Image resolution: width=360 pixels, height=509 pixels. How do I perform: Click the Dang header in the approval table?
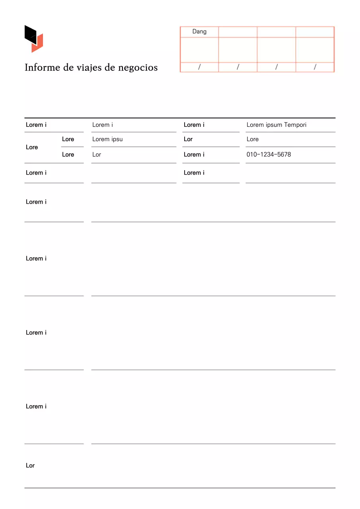pyautogui.click(x=199, y=31)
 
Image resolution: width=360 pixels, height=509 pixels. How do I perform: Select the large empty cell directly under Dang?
pyautogui.click(x=199, y=50)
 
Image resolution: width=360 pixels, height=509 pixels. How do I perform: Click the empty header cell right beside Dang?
pyautogui.click(x=238, y=32)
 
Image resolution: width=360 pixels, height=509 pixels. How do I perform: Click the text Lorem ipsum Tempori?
pyautogui.click(x=276, y=125)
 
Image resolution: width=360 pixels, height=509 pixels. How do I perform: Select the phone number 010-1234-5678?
pyautogui.click(x=269, y=155)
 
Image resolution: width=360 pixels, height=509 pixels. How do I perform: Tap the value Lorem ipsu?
pyautogui.click(x=107, y=139)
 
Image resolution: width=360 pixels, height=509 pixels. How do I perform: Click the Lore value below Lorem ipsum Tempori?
pyautogui.click(x=253, y=139)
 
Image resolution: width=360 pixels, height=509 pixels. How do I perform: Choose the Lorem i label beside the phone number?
pyautogui.click(x=194, y=155)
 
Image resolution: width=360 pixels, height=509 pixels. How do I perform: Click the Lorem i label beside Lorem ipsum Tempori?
pyautogui.click(x=194, y=125)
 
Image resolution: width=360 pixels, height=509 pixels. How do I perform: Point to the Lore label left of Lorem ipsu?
pyautogui.click(x=68, y=139)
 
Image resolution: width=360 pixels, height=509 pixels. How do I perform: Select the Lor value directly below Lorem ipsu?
pyautogui.click(x=97, y=155)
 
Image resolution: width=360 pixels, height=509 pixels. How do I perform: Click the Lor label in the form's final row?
pyautogui.click(x=30, y=465)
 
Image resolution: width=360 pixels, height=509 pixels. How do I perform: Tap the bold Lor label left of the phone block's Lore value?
pyautogui.click(x=188, y=139)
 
